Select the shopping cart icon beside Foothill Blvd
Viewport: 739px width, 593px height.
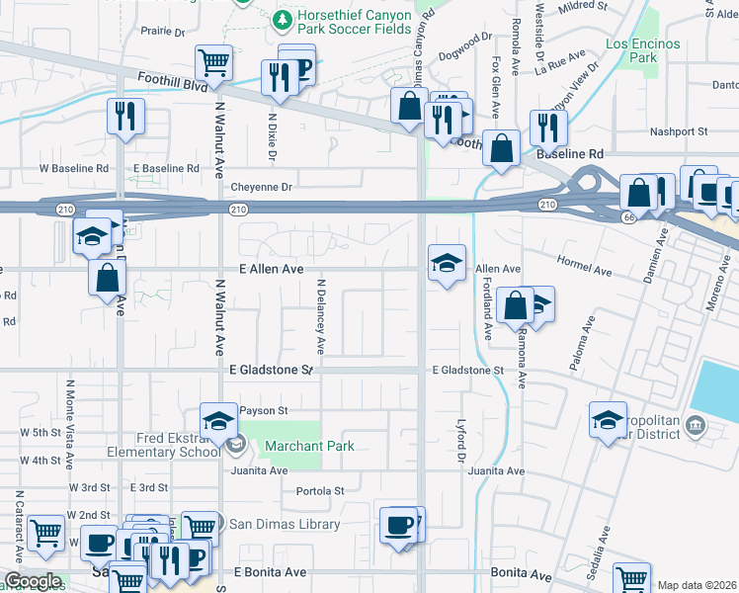213,63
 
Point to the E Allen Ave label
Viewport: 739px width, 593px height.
271,269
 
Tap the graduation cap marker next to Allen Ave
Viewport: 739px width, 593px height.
447,263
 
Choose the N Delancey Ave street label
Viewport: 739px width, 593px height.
320,316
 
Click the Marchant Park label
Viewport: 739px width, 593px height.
309,446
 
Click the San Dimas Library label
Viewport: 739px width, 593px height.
285,525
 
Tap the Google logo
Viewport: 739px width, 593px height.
33,581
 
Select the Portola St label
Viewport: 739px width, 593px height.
320,490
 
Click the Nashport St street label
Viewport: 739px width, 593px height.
678,131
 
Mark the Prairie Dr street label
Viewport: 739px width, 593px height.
162,32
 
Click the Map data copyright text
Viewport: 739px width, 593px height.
696,585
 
